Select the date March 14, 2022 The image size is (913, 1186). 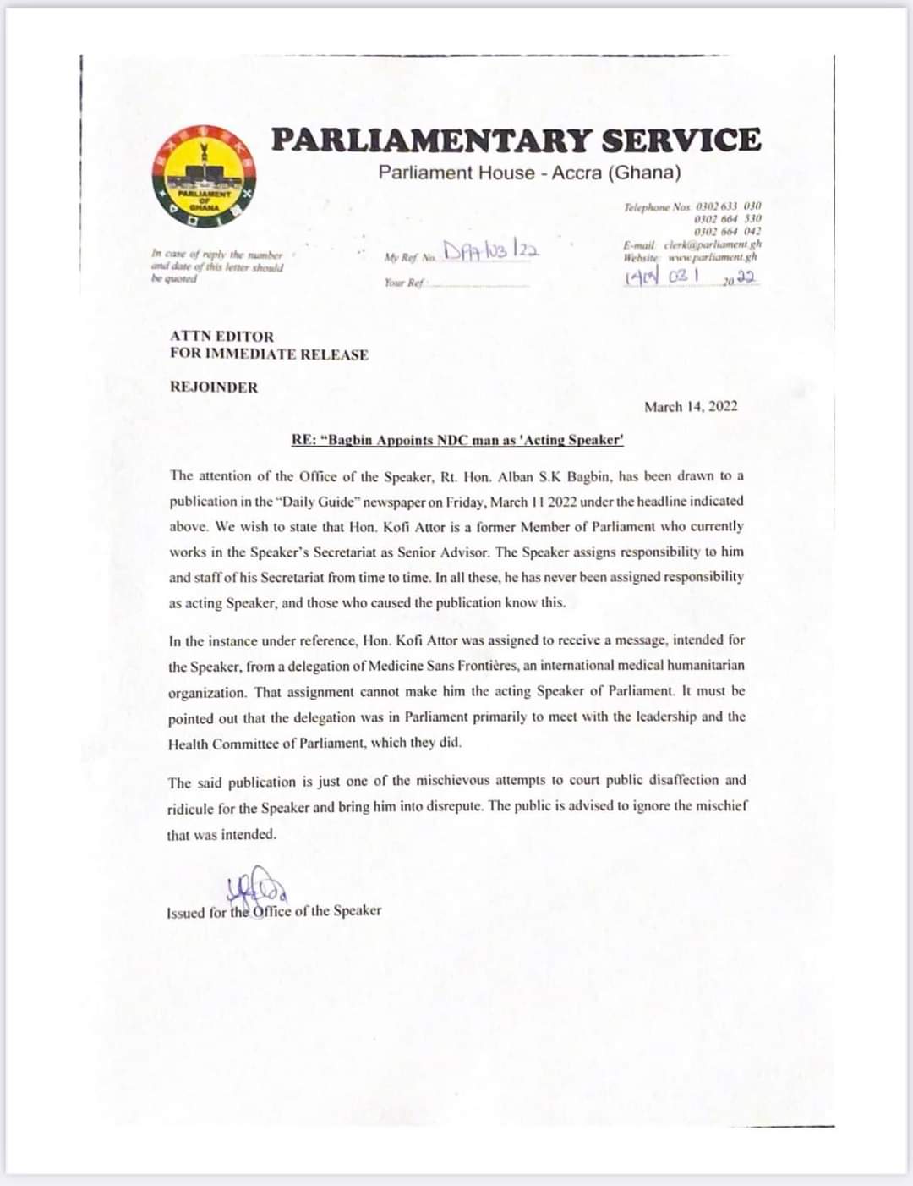(x=691, y=407)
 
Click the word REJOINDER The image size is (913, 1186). (x=214, y=387)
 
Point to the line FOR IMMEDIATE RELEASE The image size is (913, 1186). (x=269, y=354)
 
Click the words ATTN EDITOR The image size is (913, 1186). (x=221, y=336)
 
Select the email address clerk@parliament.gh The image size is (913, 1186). (x=713, y=244)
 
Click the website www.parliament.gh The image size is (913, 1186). (x=713, y=256)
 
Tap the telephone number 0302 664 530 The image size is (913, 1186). (x=727, y=219)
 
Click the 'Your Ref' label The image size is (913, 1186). (x=403, y=283)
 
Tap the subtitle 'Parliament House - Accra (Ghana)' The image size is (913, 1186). (x=529, y=173)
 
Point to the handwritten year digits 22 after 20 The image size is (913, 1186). (x=746, y=278)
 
